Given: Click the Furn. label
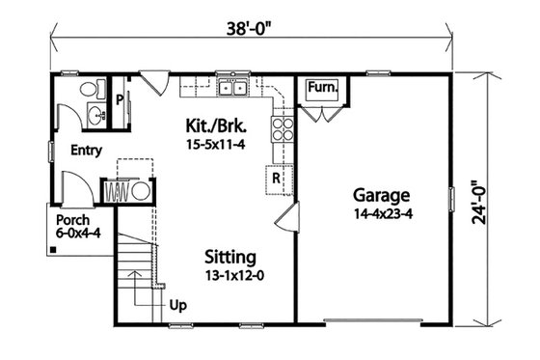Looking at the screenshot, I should coord(321,89).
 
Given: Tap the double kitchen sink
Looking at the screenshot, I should coord(232,90).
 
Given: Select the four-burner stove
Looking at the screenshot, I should coord(282,129).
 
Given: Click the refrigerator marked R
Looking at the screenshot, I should coord(275,179).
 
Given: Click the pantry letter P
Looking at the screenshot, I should coord(119,98).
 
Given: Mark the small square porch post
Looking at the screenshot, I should coord(53,251).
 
